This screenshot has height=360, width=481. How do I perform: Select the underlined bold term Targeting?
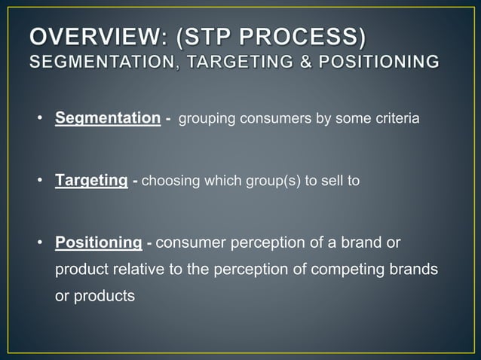[90, 181]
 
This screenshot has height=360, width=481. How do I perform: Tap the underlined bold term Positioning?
[98, 243]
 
